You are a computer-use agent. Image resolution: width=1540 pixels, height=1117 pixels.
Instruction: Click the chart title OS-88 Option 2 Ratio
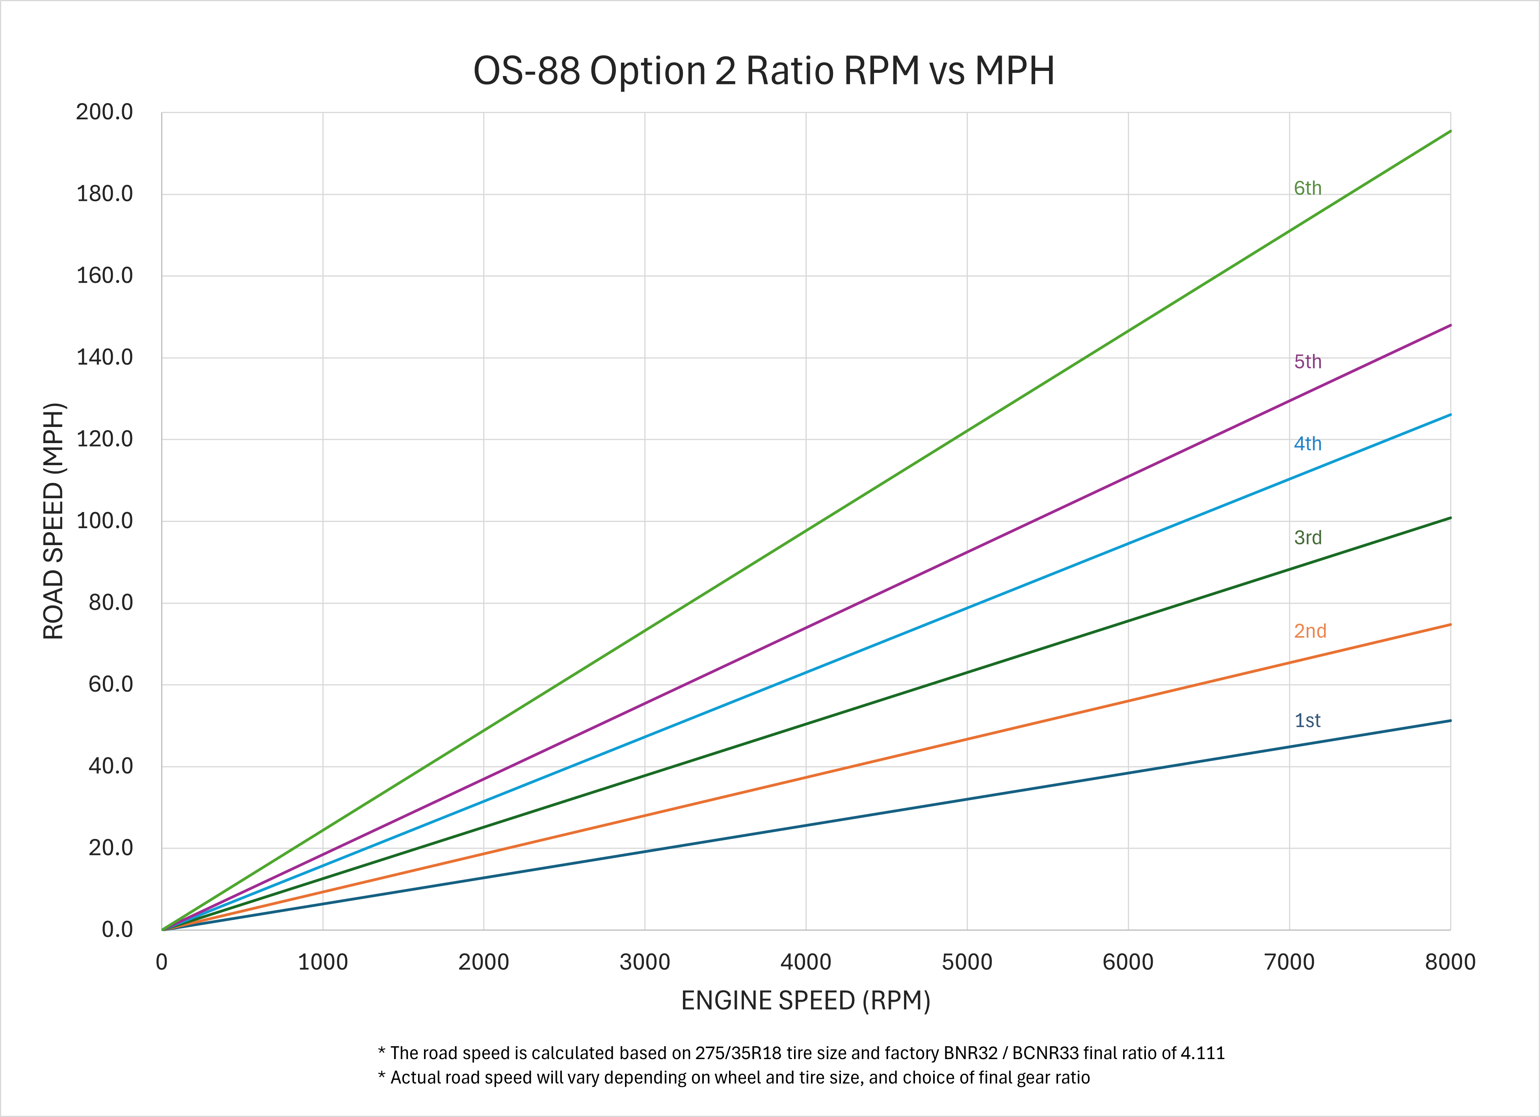click(763, 71)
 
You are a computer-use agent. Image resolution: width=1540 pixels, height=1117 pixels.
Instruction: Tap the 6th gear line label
click(1307, 188)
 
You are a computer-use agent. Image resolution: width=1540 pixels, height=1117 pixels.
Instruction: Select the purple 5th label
click(1307, 362)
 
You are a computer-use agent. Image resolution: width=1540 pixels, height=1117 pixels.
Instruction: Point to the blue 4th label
click(1307, 444)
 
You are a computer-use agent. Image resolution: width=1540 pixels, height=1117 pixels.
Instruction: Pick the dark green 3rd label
click(1307, 538)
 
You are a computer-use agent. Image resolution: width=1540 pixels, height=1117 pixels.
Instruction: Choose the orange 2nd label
click(1309, 631)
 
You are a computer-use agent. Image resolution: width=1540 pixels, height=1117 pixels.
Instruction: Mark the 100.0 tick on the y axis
click(104, 521)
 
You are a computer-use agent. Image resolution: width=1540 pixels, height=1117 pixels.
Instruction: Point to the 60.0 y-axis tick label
click(111, 684)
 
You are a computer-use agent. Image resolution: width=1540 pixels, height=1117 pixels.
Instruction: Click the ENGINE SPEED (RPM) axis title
click(805, 1001)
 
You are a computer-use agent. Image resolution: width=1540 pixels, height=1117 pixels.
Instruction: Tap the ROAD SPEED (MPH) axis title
click(53, 521)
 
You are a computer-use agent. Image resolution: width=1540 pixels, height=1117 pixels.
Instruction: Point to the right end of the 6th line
click(1450, 131)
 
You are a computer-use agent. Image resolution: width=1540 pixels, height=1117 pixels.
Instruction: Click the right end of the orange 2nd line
click(1450, 624)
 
